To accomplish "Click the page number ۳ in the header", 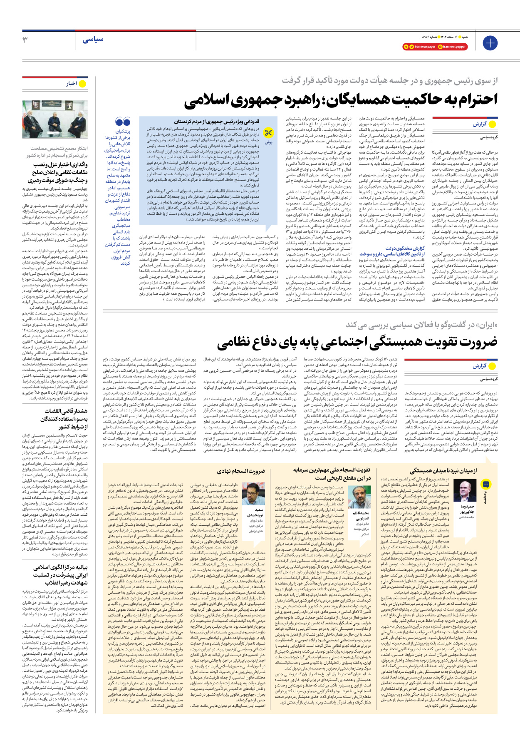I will [x=25, y=40].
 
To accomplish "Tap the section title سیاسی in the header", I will [x=93, y=40].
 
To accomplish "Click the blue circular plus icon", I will [x=490, y=43].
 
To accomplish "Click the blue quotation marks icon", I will [x=123, y=122].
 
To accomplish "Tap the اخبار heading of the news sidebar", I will [x=72, y=84].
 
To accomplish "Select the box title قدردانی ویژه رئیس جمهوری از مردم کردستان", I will [x=216, y=122].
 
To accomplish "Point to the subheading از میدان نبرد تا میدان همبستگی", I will [x=443, y=471].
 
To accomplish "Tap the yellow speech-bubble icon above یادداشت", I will [x=485, y=484].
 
